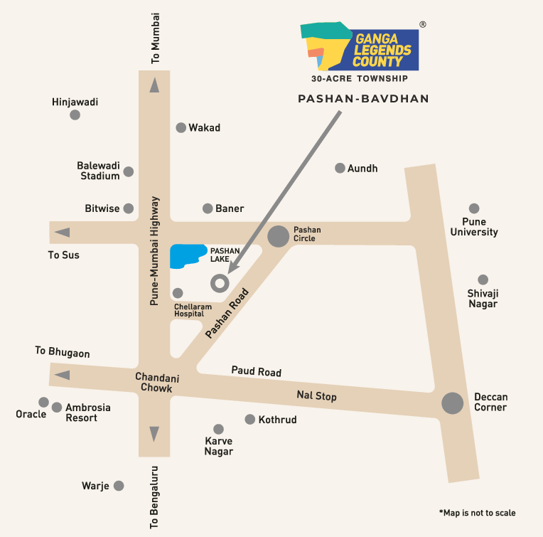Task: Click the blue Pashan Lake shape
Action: tap(187, 256)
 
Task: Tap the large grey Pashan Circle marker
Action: tap(278, 235)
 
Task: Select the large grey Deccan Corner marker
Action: tap(453, 403)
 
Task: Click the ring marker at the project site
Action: tap(220, 283)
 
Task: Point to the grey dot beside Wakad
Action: tap(181, 128)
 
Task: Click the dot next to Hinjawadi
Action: tap(75, 115)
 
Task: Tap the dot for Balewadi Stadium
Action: tap(129, 171)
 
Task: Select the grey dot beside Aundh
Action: tap(340, 168)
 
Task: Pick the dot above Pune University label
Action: tap(474, 208)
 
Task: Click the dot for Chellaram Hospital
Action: tap(178, 293)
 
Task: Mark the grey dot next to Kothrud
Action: tap(249, 420)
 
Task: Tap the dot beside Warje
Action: tap(119, 486)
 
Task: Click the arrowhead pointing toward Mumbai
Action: tap(154, 85)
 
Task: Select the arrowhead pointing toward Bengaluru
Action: tap(154, 434)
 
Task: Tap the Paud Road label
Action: tap(256, 371)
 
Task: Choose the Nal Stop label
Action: tap(316, 396)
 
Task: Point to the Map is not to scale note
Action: tap(477, 513)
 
